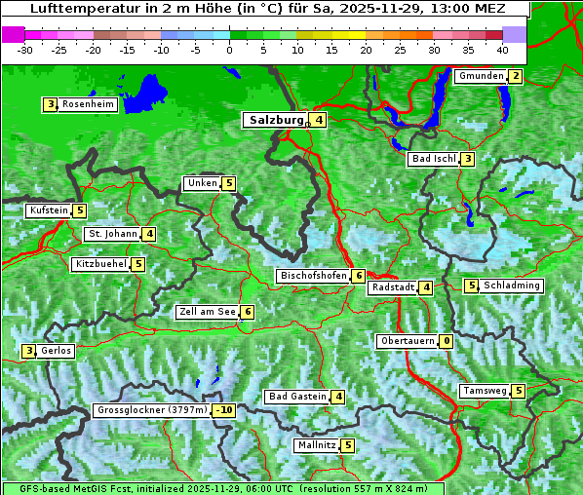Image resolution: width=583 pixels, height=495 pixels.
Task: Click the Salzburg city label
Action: pyautogui.click(x=274, y=120)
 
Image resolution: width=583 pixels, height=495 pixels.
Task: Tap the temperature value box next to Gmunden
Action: pyautogui.click(x=516, y=77)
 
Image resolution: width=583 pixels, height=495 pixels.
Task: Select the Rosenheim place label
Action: pyautogui.click(x=87, y=104)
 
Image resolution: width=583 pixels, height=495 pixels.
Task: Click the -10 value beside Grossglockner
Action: pyautogui.click(x=225, y=411)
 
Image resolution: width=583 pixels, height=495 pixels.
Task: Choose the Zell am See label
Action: pyautogui.click(x=208, y=312)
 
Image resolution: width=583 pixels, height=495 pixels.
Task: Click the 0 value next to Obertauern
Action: pyautogui.click(x=446, y=341)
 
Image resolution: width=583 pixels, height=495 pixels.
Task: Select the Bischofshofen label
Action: pyautogui.click(x=313, y=276)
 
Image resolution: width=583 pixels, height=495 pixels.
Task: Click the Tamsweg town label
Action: pyautogui.click(x=485, y=391)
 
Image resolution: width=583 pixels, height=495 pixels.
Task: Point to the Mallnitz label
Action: pyautogui.click(x=316, y=445)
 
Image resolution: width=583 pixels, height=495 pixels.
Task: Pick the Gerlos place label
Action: pyautogui.click(x=56, y=351)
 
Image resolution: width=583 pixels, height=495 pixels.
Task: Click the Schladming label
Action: pyautogui.click(x=512, y=286)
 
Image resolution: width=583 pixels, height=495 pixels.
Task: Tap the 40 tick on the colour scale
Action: pyautogui.click(x=502, y=49)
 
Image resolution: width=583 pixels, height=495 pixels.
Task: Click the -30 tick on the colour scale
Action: pyautogui.click(x=25, y=49)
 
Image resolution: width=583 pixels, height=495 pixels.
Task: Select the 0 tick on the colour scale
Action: pyautogui.click(x=229, y=49)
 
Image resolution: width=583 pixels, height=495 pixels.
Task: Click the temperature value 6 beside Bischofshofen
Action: pyautogui.click(x=359, y=276)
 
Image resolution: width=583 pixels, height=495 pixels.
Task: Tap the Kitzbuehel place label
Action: pyautogui.click(x=100, y=264)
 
